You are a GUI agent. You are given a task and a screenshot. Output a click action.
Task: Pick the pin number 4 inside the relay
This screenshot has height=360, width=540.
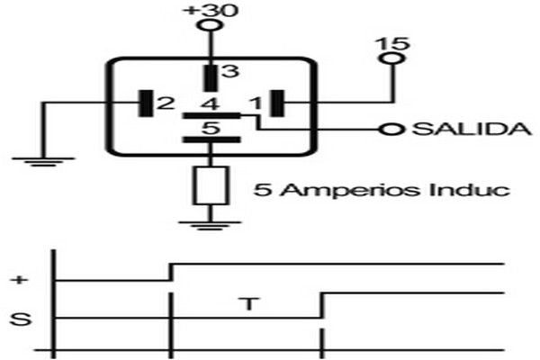coord(211,103)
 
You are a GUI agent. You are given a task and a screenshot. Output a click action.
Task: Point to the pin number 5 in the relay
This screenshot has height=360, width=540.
coord(211,128)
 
